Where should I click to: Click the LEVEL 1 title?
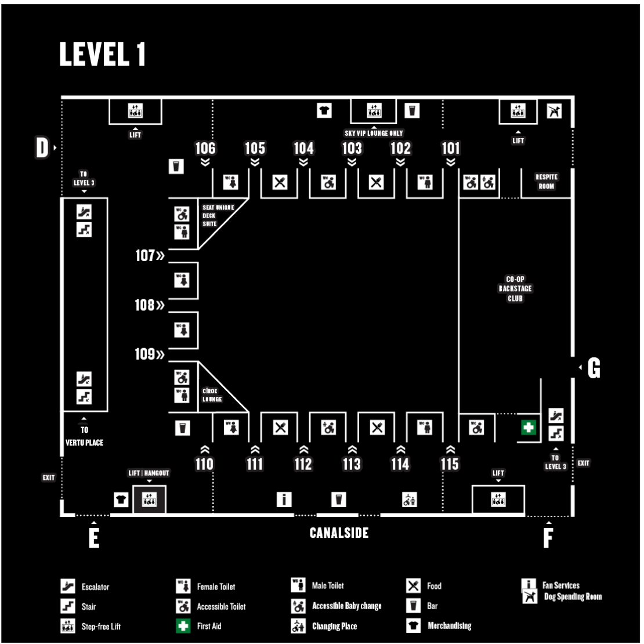click(102, 54)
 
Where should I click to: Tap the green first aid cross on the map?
click(528, 428)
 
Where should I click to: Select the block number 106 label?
click(205, 148)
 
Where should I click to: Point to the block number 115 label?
click(450, 464)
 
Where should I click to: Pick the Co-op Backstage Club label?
click(515, 289)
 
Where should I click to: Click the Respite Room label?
click(547, 182)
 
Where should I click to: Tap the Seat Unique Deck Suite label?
click(218, 216)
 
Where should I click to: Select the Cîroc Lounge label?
click(212, 395)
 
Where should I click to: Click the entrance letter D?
click(42, 147)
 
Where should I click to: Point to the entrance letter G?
click(594, 368)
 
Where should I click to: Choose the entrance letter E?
click(94, 538)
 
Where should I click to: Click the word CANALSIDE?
click(339, 533)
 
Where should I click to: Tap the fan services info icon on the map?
click(284, 500)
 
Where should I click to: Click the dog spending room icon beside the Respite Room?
click(554, 111)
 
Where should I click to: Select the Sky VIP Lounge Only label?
click(374, 133)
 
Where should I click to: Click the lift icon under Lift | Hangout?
click(149, 500)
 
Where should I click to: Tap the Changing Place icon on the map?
click(409, 500)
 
